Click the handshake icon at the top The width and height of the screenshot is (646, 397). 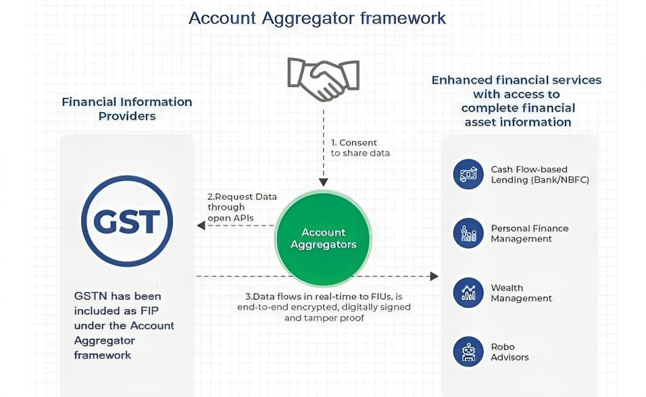pos(323,79)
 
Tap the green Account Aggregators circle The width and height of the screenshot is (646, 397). pos(323,238)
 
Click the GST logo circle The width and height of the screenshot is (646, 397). pos(127,221)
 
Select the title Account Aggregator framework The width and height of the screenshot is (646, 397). pos(317,18)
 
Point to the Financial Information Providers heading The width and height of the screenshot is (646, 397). pos(127,109)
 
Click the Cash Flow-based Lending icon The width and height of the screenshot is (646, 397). pos(468,175)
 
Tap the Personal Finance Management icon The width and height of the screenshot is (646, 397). pos(468,234)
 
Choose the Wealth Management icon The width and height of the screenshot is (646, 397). pos(468,293)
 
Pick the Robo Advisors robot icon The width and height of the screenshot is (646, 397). pos(468,352)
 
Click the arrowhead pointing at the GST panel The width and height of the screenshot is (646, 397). pos(200,226)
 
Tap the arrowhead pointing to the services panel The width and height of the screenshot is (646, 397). pos(434,276)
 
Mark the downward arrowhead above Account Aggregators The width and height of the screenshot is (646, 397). pos(323,182)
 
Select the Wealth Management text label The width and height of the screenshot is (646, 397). pos(521,293)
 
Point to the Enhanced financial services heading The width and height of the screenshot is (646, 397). pos(517,101)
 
